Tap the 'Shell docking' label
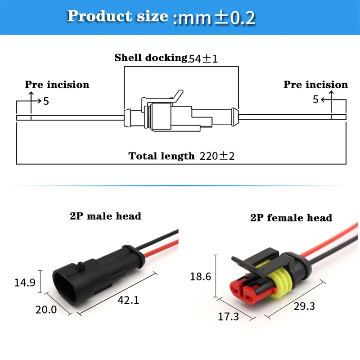150,58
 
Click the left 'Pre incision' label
57,85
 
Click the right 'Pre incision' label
315,85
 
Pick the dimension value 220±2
216,156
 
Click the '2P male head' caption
105,216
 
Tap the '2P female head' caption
291,218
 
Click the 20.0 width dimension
46,310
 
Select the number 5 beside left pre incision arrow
46,101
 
